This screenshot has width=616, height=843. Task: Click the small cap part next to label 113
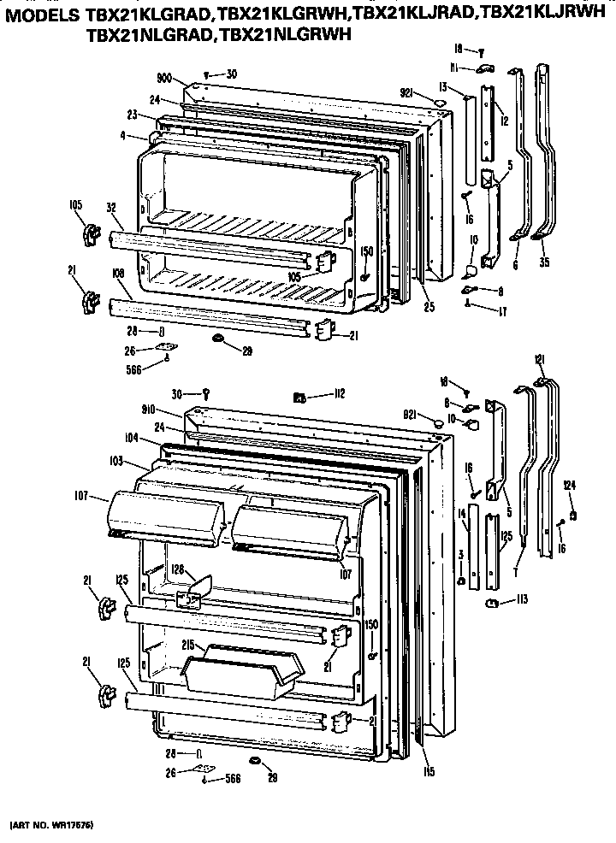493,604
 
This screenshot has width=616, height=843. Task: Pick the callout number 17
501,312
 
